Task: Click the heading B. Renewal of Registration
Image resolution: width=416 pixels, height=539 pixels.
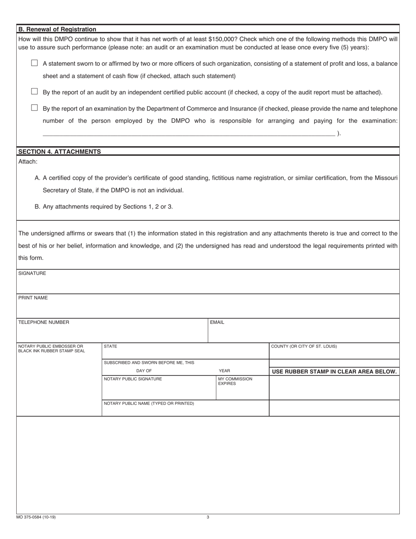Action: point(57,29)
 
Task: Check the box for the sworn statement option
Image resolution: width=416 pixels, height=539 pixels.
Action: point(35,63)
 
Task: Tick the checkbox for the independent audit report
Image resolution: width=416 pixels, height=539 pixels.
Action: point(35,92)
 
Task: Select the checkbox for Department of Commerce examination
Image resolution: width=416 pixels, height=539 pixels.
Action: point(35,108)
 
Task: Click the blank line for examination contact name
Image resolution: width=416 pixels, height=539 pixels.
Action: point(188,133)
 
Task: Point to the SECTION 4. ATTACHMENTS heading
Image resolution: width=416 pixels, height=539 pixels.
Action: point(59,152)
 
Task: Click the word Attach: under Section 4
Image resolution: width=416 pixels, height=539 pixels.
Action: point(28,162)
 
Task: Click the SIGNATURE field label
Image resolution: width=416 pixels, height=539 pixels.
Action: point(32,273)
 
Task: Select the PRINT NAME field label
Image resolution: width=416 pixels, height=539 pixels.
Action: point(33,298)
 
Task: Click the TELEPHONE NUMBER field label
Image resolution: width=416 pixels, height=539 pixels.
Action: point(43,323)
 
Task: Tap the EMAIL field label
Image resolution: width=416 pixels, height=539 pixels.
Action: point(217,323)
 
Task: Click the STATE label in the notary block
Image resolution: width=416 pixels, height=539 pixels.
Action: point(110,347)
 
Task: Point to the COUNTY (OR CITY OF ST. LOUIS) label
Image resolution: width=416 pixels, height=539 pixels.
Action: point(304,347)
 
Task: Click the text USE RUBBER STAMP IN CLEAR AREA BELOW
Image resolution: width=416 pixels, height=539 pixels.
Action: point(334,372)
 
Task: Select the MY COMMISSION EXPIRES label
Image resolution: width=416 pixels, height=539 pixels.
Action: point(235,381)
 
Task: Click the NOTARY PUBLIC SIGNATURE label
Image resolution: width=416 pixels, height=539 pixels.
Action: point(133,379)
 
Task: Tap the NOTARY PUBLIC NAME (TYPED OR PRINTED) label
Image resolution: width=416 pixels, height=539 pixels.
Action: point(148,403)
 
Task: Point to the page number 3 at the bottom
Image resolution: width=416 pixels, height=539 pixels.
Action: point(208,517)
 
